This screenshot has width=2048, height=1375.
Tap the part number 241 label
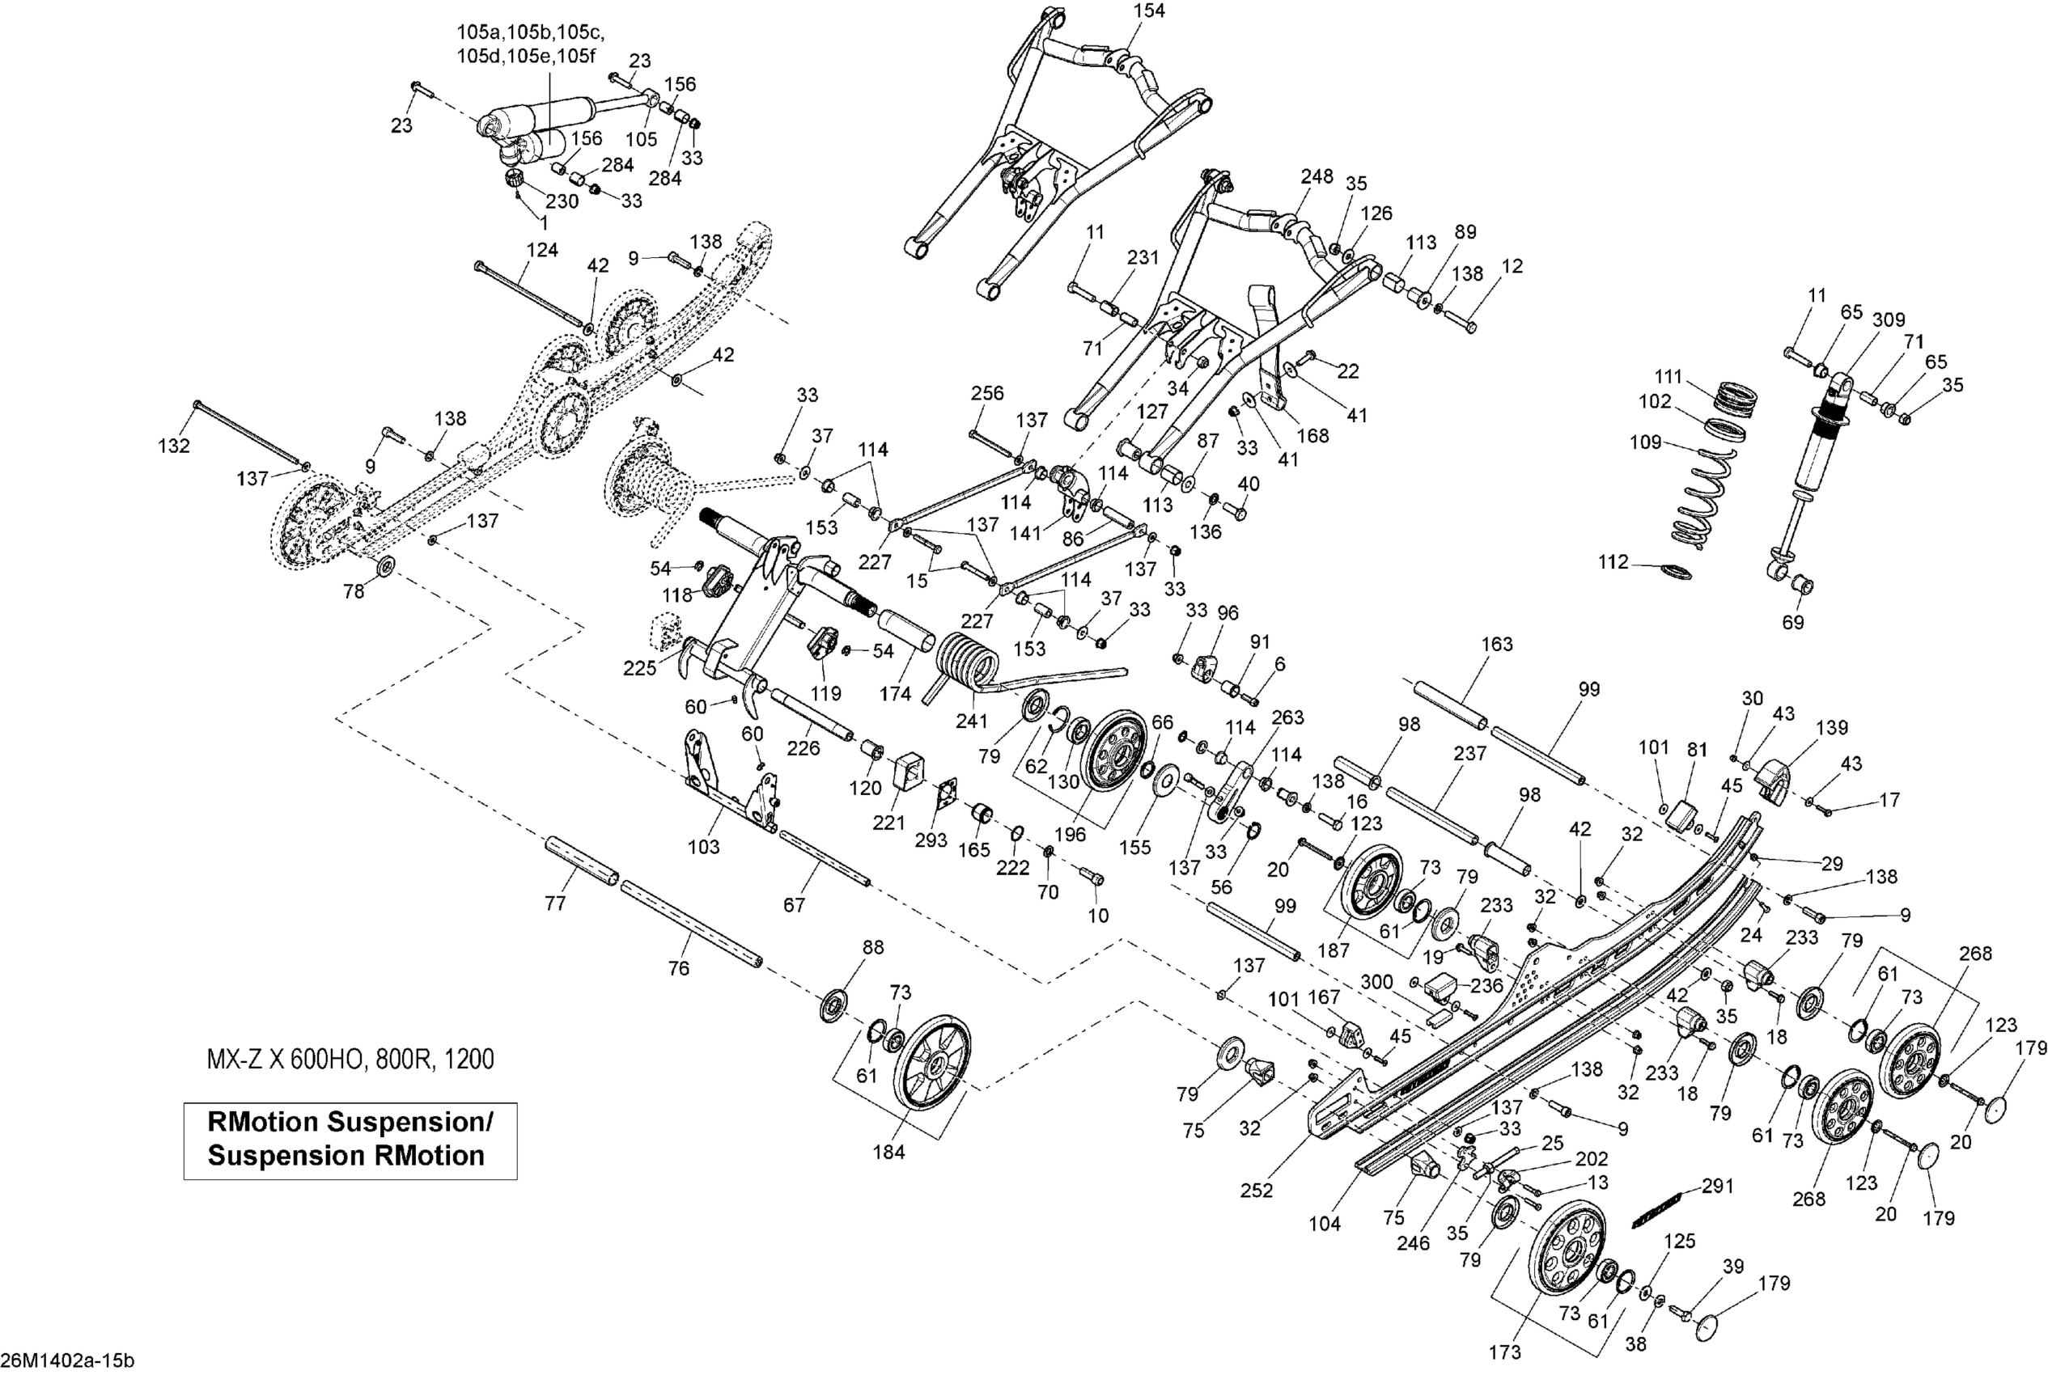point(971,721)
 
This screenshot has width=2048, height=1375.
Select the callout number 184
point(888,1153)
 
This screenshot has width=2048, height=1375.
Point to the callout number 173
point(1504,1352)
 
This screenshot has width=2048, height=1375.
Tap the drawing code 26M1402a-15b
point(67,1361)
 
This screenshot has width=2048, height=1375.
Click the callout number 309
point(1889,320)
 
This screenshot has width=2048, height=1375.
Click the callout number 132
point(174,446)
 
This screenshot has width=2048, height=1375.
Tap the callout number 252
point(1256,1190)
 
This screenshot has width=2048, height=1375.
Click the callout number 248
point(1317,176)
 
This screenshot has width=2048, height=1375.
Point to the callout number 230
point(562,201)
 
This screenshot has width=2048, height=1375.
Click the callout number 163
point(1496,644)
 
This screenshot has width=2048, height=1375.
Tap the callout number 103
point(703,846)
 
